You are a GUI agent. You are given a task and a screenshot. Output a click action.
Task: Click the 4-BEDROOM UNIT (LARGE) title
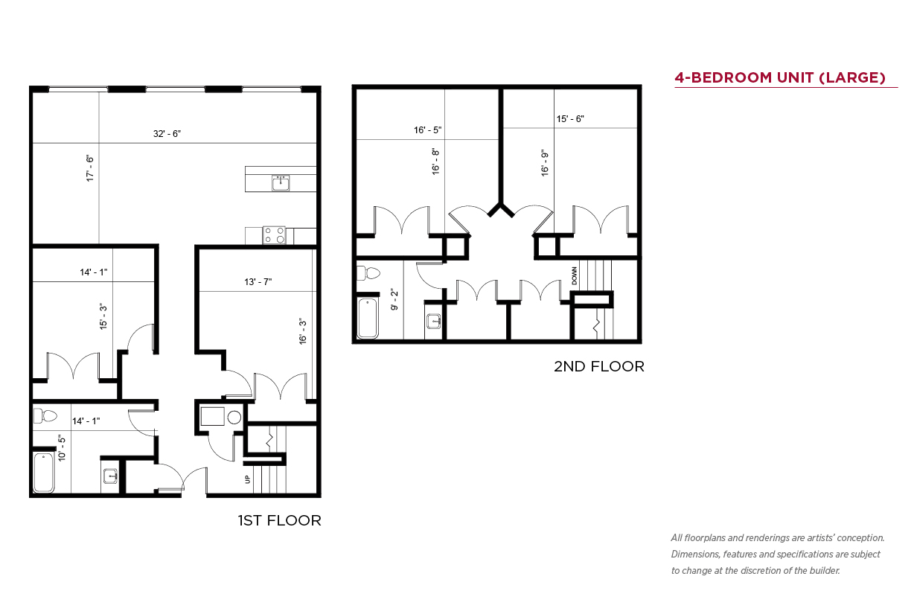tap(780, 77)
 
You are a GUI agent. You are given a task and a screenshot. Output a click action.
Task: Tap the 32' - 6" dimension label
tap(167, 133)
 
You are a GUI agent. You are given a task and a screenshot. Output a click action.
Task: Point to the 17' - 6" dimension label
tap(90, 168)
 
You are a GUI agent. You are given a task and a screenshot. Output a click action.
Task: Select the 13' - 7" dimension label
tap(258, 281)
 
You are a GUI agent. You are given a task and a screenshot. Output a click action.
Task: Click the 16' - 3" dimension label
tap(302, 331)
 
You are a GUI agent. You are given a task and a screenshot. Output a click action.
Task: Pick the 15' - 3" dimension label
tap(103, 316)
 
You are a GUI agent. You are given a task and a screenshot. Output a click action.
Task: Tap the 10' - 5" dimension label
tap(62, 448)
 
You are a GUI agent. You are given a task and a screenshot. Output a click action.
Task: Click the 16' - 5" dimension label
tap(428, 130)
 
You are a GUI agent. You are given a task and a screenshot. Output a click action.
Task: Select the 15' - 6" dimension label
tap(570, 119)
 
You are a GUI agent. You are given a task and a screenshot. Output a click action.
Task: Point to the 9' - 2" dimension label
tap(394, 299)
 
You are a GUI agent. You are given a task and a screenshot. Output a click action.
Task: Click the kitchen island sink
tap(281, 183)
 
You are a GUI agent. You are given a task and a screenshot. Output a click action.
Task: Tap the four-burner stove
tap(274, 235)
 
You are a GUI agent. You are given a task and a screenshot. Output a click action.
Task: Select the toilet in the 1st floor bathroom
tap(45, 416)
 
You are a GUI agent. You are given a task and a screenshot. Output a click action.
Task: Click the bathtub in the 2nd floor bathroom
tap(368, 319)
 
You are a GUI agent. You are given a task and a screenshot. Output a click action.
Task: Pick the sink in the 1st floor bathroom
tap(111, 476)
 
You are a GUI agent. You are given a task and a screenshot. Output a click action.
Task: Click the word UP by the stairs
tap(247, 479)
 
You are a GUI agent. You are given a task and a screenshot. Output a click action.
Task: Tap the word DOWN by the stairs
tap(575, 276)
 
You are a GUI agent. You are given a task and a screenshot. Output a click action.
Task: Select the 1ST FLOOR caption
tap(280, 520)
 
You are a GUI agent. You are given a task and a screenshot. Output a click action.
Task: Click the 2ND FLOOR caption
tap(599, 366)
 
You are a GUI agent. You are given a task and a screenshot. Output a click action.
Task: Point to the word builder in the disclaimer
tap(825, 570)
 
